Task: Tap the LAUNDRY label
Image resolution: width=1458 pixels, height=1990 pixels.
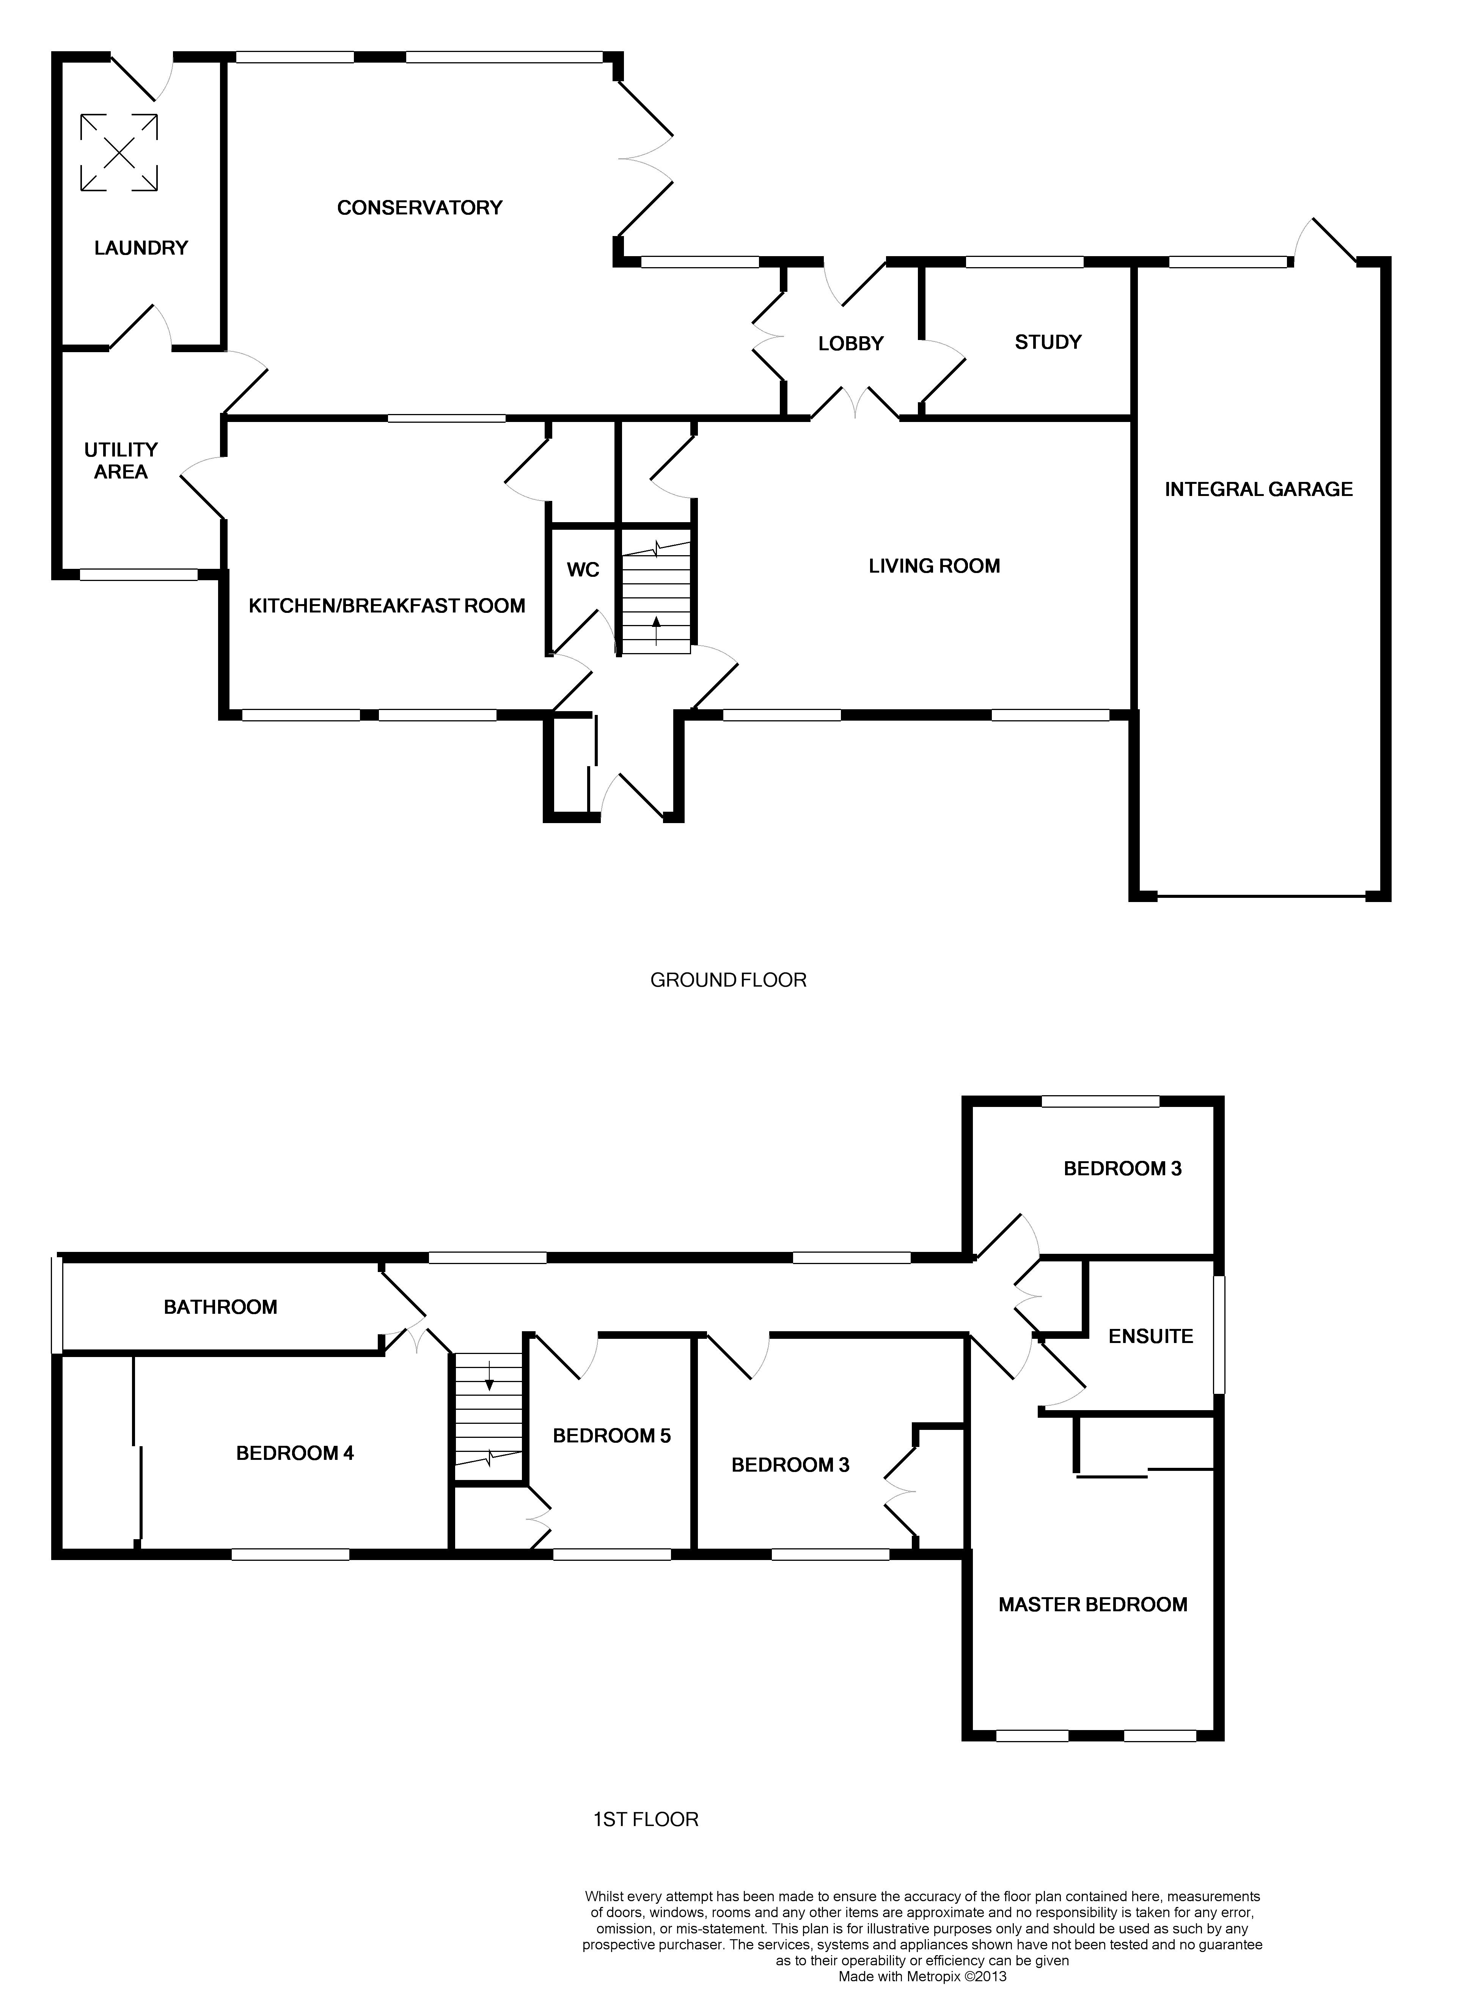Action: (x=141, y=248)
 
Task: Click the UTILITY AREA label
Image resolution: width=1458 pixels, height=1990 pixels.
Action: (x=121, y=461)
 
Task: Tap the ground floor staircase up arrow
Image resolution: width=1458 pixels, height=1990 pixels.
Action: (x=656, y=632)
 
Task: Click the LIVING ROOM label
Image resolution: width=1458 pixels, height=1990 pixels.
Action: (x=935, y=566)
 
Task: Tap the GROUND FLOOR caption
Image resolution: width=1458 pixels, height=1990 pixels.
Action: (x=728, y=980)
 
